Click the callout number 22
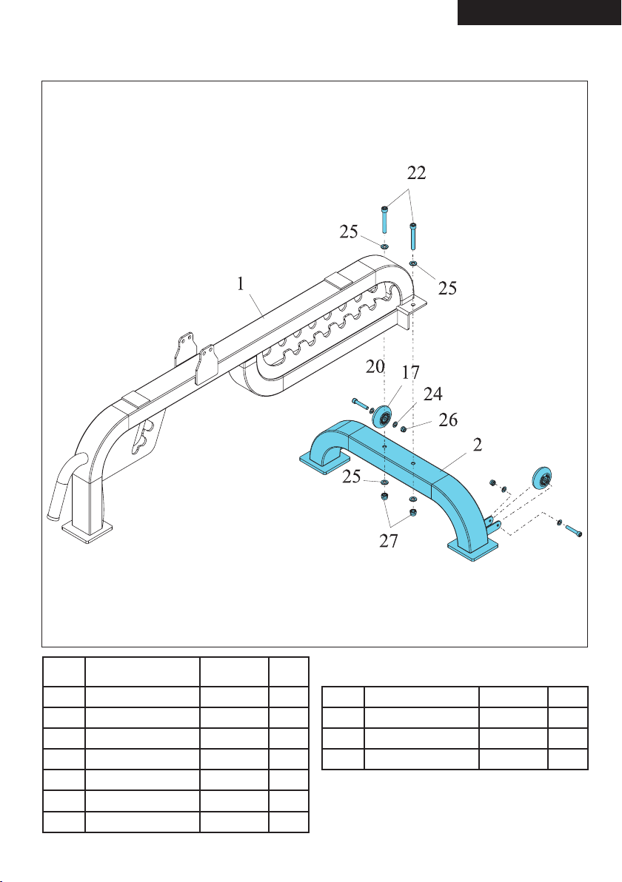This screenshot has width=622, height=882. pos(417,172)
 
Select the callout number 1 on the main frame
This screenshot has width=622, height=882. pos(241,284)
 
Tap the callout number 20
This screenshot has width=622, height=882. pos(375,366)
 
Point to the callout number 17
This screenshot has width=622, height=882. pos(411,372)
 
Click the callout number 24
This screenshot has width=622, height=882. pos(433,394)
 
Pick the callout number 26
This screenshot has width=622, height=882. pos(448,420)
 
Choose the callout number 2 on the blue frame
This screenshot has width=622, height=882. pos(478,445)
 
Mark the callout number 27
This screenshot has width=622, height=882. pos(389,541)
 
